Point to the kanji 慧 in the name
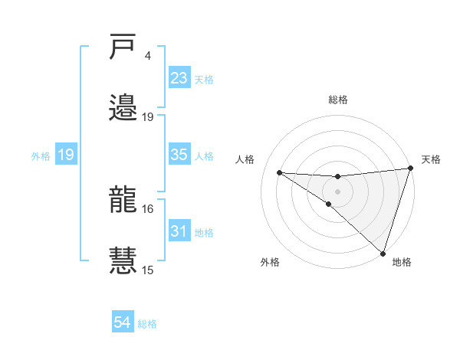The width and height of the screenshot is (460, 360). [x=123, y=260]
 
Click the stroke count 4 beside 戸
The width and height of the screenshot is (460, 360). [x=147, y=56]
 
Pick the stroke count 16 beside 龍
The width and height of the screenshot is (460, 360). [x=148, y=208]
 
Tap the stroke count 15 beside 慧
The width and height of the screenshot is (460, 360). [x=148, y=270]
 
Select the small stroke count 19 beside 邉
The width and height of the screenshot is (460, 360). [x=148, y=116]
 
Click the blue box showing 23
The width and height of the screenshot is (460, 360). [x=179, y=78]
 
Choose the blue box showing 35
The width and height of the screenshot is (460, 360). [x=179, y=155]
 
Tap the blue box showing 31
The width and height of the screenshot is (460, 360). [x=179, y=231]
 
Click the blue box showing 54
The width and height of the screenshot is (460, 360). [x=122, y=322]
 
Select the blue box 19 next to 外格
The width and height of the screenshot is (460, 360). [x=66, y=155]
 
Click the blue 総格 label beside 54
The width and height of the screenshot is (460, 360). [x=147, y=324]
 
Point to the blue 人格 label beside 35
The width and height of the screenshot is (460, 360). [x=204, y=155]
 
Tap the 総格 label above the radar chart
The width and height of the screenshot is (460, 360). [x=337, y=100]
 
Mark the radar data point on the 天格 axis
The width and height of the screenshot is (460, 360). [x=411, y=169]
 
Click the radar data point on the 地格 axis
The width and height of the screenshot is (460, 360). [x=383, y=254]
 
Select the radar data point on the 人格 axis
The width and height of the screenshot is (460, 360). [x=279, y=172]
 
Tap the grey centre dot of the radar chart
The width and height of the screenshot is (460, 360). [x=337, y=191]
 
